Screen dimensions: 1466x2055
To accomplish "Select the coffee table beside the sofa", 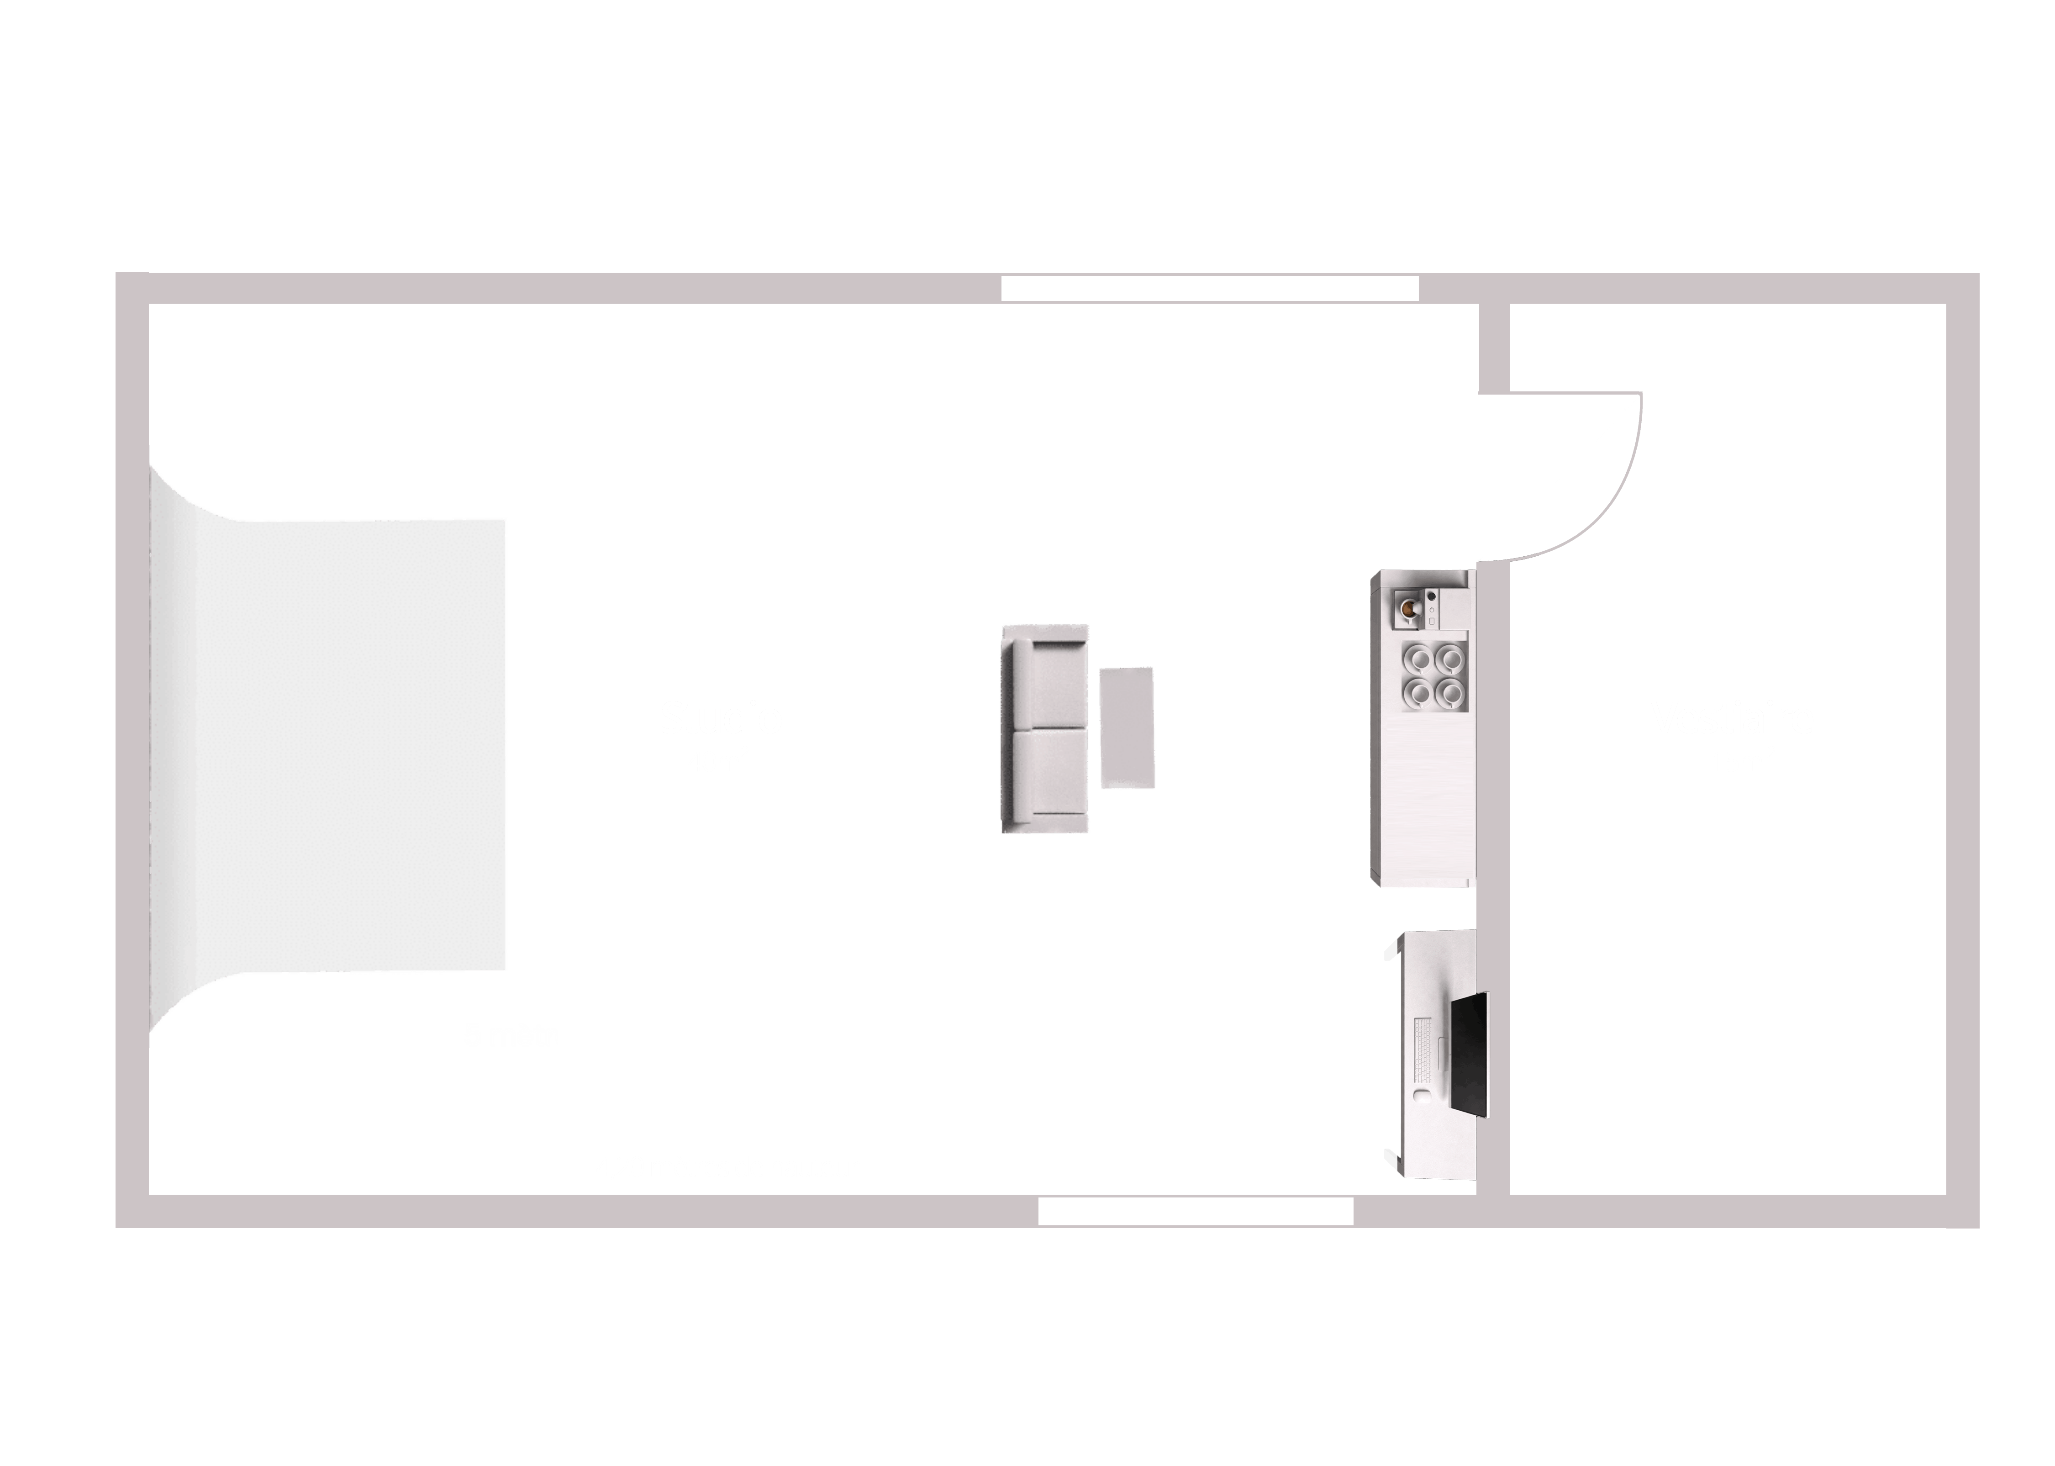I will (1127, 728).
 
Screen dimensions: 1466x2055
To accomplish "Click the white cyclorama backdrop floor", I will (343, 745).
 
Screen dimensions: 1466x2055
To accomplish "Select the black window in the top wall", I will (1209, 289).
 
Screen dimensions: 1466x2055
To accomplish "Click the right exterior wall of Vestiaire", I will (1962, 749).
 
